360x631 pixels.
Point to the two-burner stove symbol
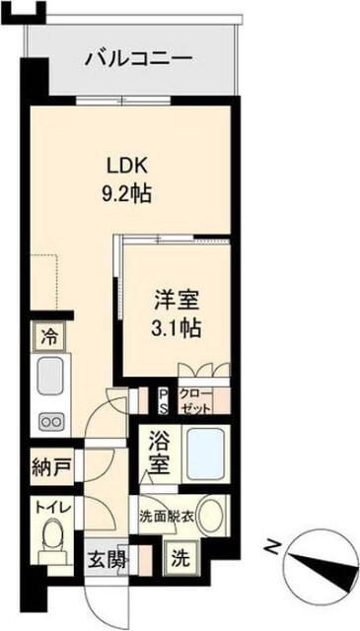tap(48, 420)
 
